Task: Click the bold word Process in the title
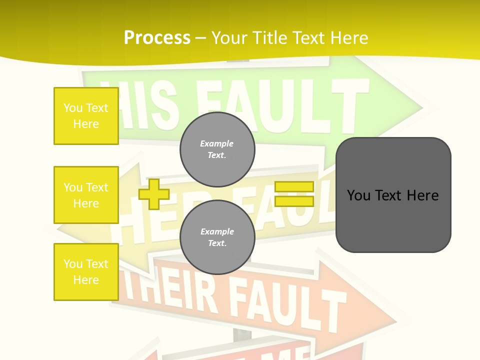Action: tap(157, 38)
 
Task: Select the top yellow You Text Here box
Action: tap(86, 116)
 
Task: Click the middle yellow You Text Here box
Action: tap(86, 195)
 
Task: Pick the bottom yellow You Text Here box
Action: tap(86, 272)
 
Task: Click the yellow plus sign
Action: tap(153, 194)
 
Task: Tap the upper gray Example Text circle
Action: tap(217, 149)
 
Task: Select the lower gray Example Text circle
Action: tap(217, 237)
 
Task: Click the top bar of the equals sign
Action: tap(294, 187)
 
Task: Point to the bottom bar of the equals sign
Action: tap(294, 201)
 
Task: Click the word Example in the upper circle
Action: tap(217, 143)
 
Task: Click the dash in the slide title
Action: tap(201, 38)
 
